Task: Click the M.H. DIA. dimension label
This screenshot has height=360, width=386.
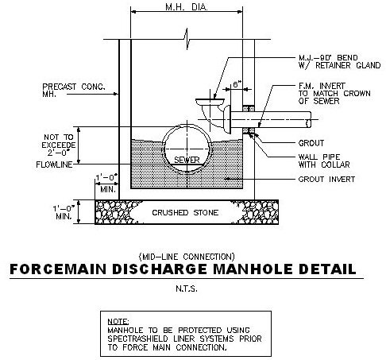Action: [187, 7]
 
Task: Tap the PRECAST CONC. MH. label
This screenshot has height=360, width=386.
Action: [74, 91]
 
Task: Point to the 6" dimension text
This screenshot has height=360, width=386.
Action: [237, 84]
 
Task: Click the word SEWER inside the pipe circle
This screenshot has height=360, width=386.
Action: [187, 160]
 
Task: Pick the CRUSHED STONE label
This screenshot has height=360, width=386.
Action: [185, 212]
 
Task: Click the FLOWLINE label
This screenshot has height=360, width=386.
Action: [54, 165]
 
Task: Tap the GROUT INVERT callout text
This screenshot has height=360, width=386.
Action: [326, 180]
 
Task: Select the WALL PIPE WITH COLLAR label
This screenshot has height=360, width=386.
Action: [324, 161]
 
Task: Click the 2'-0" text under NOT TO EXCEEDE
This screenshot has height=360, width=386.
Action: [58, 153]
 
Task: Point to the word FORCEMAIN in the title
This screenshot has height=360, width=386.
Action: [58, 269]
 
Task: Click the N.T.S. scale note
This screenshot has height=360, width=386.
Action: [187, 288]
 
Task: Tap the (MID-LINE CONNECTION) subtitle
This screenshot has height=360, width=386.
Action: [187, 257]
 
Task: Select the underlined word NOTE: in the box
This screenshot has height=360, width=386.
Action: [118, 321]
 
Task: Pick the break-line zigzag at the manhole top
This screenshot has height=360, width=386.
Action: [187, 39]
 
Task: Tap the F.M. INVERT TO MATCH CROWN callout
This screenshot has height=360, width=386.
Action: [334, 94]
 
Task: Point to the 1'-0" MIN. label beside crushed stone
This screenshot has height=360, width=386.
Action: [64, 212]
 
